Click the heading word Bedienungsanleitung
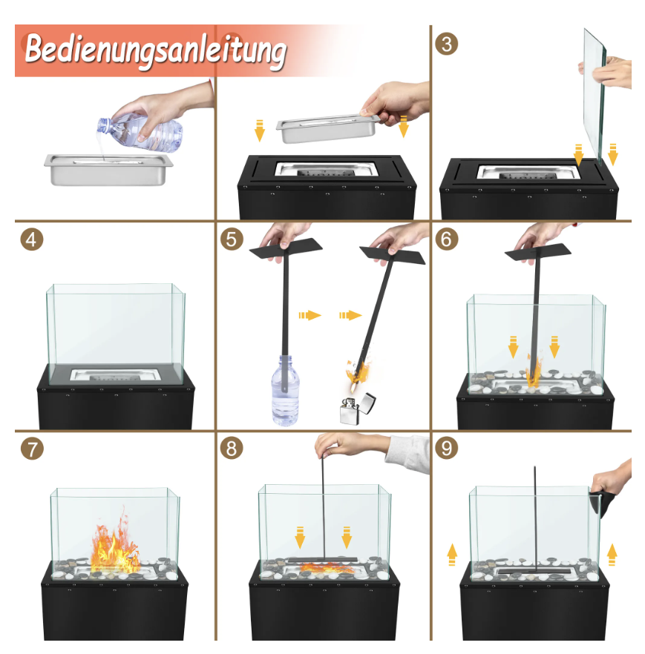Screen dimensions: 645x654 (155, 51)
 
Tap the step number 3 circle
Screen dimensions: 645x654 (446, 44)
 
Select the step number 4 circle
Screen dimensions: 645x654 (32, 240)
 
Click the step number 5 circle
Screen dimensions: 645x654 (232, 239)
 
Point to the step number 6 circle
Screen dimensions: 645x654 (446, 239)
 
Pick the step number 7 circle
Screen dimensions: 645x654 (32, 449)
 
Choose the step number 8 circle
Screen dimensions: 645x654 (232, 449)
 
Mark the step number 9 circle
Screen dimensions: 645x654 (446, 449)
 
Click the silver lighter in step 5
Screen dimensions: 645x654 (357, 409)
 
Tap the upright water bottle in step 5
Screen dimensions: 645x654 (285, 390)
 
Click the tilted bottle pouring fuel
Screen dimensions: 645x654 (141, 133)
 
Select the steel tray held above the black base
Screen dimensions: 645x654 (328, 128)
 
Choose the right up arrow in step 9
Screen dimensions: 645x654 (612, 555)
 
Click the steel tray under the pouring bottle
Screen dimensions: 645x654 (108, 169)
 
